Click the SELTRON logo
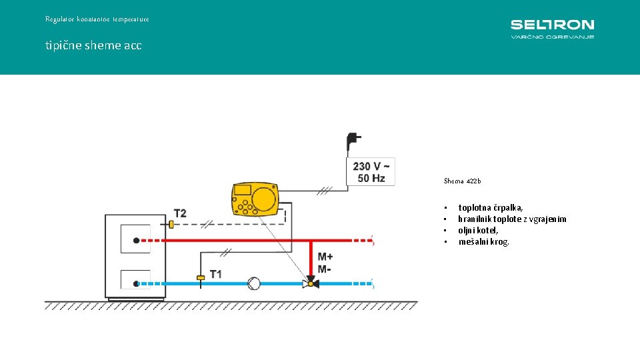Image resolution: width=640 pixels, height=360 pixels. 552,29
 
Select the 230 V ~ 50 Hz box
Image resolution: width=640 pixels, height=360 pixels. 373,172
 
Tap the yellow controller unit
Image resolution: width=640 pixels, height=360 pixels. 255,199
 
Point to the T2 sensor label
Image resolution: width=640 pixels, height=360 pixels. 180,213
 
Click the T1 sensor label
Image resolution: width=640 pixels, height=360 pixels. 215,274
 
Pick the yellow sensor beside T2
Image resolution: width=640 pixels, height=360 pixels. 171,225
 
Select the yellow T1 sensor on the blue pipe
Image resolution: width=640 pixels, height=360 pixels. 200,277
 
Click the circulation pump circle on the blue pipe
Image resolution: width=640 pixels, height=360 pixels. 254,283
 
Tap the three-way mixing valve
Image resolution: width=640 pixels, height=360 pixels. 311,283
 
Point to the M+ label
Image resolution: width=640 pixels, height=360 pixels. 325,257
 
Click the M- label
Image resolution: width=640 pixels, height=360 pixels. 324,269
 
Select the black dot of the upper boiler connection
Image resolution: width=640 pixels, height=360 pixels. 136,240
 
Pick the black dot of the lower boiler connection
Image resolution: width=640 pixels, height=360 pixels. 136,283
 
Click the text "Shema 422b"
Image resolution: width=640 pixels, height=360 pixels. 462,181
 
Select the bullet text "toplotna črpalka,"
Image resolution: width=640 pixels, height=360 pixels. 490,208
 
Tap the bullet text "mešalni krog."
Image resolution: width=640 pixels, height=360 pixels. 483,241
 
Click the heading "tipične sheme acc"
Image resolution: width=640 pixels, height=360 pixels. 93,46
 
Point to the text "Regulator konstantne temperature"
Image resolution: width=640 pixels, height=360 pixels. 97,19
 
